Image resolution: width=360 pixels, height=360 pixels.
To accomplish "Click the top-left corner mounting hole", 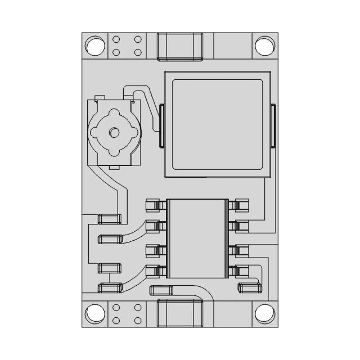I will pos(95,46).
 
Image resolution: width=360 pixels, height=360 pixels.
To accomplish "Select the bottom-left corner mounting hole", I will pos(95,313).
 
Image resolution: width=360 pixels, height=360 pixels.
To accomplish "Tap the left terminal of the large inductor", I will pos(161,126).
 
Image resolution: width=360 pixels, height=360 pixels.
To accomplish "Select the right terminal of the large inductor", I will pos(274,126).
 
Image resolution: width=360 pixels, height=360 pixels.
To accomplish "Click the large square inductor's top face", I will pos(217,124).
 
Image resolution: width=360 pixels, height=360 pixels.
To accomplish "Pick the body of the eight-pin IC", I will pos(197,238).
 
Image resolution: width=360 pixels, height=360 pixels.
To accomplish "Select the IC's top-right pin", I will pos(241,205).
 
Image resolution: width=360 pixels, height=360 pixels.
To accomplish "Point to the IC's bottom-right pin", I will pos(241,271).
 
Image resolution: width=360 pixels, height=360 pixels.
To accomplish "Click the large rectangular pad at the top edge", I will pos(180,46).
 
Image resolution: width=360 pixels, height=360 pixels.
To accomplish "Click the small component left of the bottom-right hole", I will pos(250,288).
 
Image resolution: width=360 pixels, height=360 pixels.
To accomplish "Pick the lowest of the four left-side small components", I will pos(109,288).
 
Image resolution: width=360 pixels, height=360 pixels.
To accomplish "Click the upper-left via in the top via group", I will pos(116,40).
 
